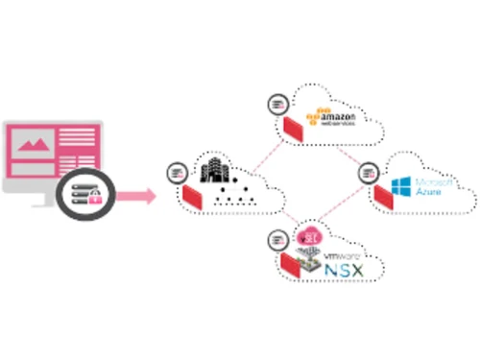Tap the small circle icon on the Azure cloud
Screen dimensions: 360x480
pyautogui.click(x=368, y=173)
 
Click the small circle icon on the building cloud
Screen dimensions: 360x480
pyautogui.click(x=176, y=173)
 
